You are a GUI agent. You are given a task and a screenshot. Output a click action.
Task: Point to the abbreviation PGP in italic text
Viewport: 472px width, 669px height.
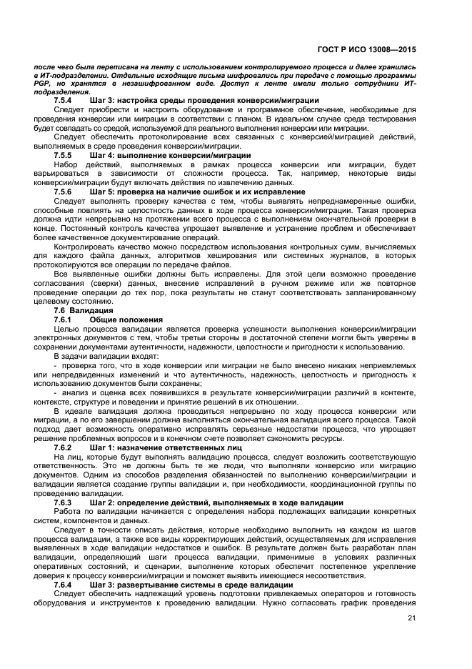pyautogui.click(x=41, y=84)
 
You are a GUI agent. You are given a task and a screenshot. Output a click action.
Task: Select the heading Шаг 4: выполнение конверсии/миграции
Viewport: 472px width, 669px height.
pyautogui.click(x=170, y=155)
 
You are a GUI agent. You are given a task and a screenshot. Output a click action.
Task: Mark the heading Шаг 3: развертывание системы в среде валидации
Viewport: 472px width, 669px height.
pyautogui.click(x=191, y=585)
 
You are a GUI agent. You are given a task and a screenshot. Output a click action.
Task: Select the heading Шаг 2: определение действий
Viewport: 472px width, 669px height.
pyautogui.click(x=216, y=503)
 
